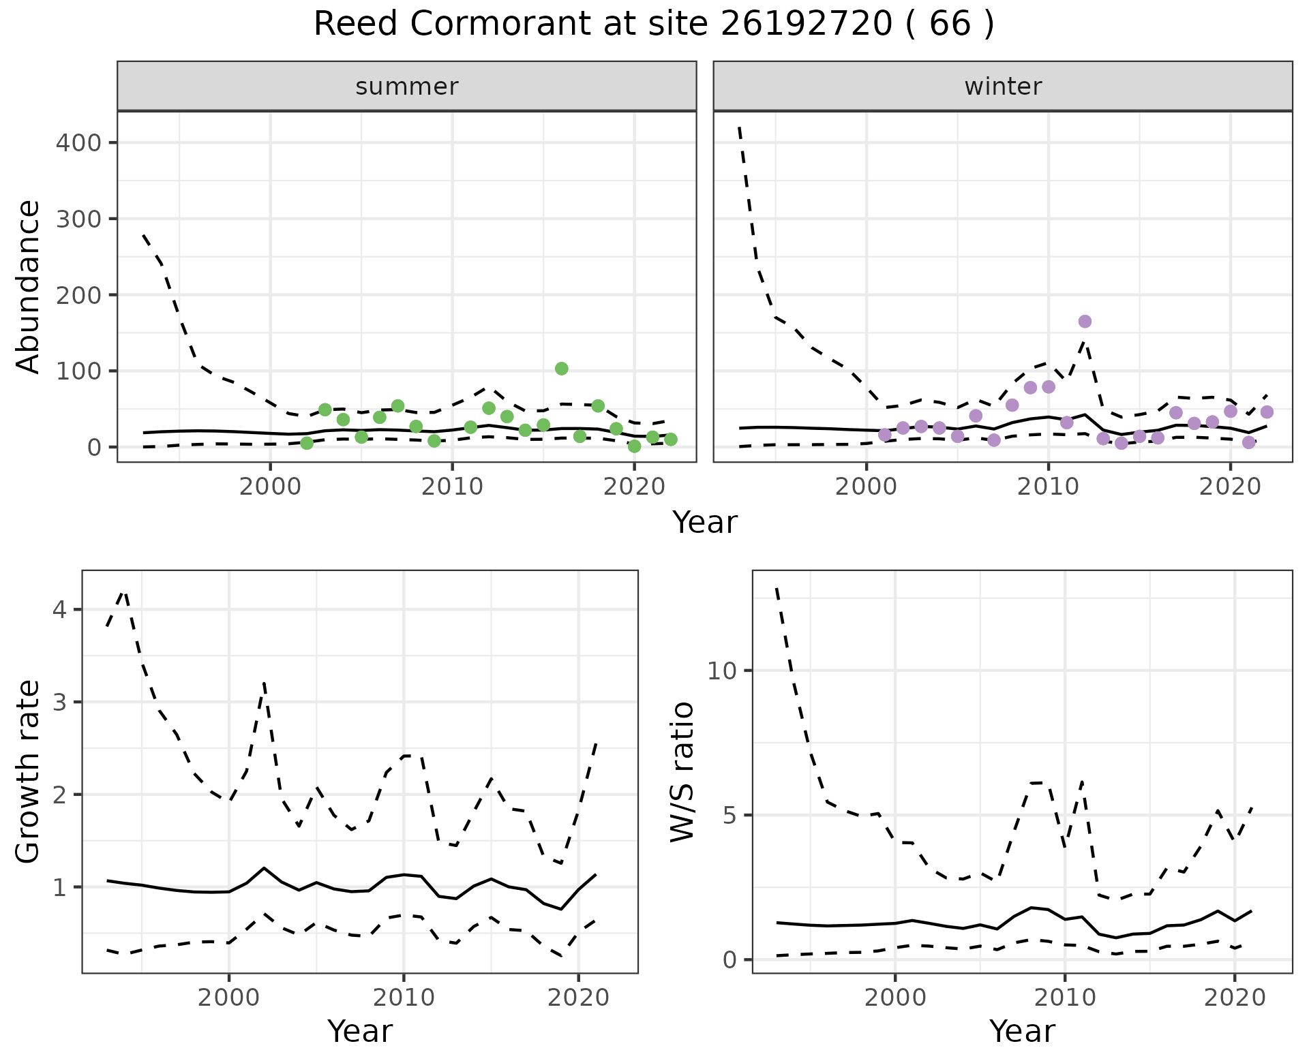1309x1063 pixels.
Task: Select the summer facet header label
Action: pyautogui.click(x=407, y=87)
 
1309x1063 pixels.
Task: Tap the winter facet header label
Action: pyautogui.click(x=1003, y=87)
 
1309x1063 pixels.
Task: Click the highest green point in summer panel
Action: pyautogui.click(x=562, y=369)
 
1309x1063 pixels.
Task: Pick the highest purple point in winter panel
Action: pyautogui.click(x=1085, y=322)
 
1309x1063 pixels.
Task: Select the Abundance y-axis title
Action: pyautogui.click(x=29, y=286)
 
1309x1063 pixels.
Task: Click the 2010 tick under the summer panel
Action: pyautogui.click(x=452, y=487)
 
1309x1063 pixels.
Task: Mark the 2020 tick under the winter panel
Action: pyautogui.click(x=1231, y=487)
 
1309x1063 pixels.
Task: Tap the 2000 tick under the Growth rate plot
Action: pyautogui.click(x=228, y=998)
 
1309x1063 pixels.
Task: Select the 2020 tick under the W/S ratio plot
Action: pyautogui.click(x=1235, y=998)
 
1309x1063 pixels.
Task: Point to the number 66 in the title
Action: pyautogui.click(x=950, y=25)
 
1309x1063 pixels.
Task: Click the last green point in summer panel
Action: pyautogui.click(x=671, y=440)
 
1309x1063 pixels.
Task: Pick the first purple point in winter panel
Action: pyautogui.click(x=885, y=435)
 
